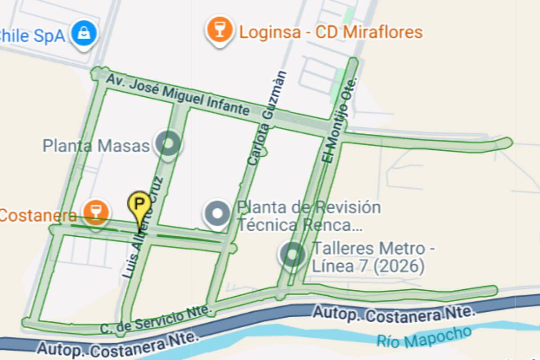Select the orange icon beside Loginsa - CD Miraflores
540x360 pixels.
(x=220, y=30)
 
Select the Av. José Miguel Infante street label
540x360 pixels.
(x=178, y=95)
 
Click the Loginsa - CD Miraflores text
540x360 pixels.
(x=331, y=32)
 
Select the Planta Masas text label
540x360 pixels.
(x=96, y=146)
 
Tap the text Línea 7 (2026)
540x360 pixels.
(x=368, y=266)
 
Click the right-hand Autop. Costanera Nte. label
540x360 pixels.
(x=394, y=313)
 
